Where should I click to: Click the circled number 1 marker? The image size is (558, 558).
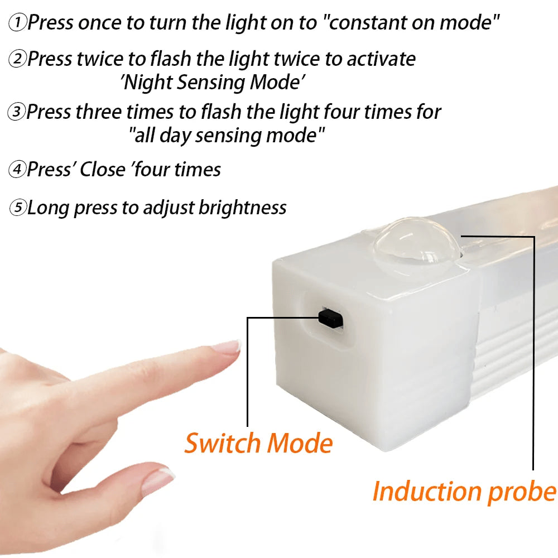[18, 23]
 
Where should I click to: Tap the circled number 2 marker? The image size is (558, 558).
[17, 59]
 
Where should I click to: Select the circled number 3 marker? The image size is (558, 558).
[17, 112]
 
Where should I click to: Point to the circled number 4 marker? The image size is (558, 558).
[17, 170]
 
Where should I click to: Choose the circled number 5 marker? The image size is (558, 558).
[18, 209]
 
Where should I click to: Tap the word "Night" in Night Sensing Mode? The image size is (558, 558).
[147, 83]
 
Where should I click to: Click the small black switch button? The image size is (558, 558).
[330, 319]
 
